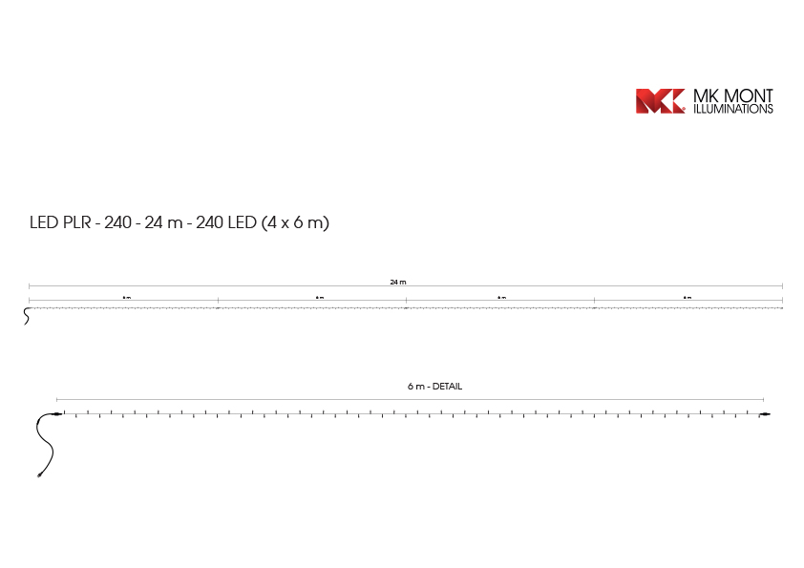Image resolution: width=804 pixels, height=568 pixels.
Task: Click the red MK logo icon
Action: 660,101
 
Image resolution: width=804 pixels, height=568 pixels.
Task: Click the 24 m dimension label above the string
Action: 398,283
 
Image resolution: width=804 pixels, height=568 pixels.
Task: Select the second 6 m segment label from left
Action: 319,298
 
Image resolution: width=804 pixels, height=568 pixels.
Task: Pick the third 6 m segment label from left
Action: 501,298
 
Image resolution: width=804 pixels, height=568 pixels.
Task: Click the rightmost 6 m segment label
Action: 688,298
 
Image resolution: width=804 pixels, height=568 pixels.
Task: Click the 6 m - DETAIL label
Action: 434,387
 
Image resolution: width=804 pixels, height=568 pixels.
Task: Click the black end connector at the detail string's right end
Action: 764,414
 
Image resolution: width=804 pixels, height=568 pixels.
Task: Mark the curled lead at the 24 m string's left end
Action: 26,317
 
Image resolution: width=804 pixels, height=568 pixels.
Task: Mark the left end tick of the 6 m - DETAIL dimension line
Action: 57,399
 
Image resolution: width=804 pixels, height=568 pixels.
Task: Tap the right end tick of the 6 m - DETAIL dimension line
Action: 763,399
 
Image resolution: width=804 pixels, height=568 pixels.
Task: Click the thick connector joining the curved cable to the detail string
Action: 56,414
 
